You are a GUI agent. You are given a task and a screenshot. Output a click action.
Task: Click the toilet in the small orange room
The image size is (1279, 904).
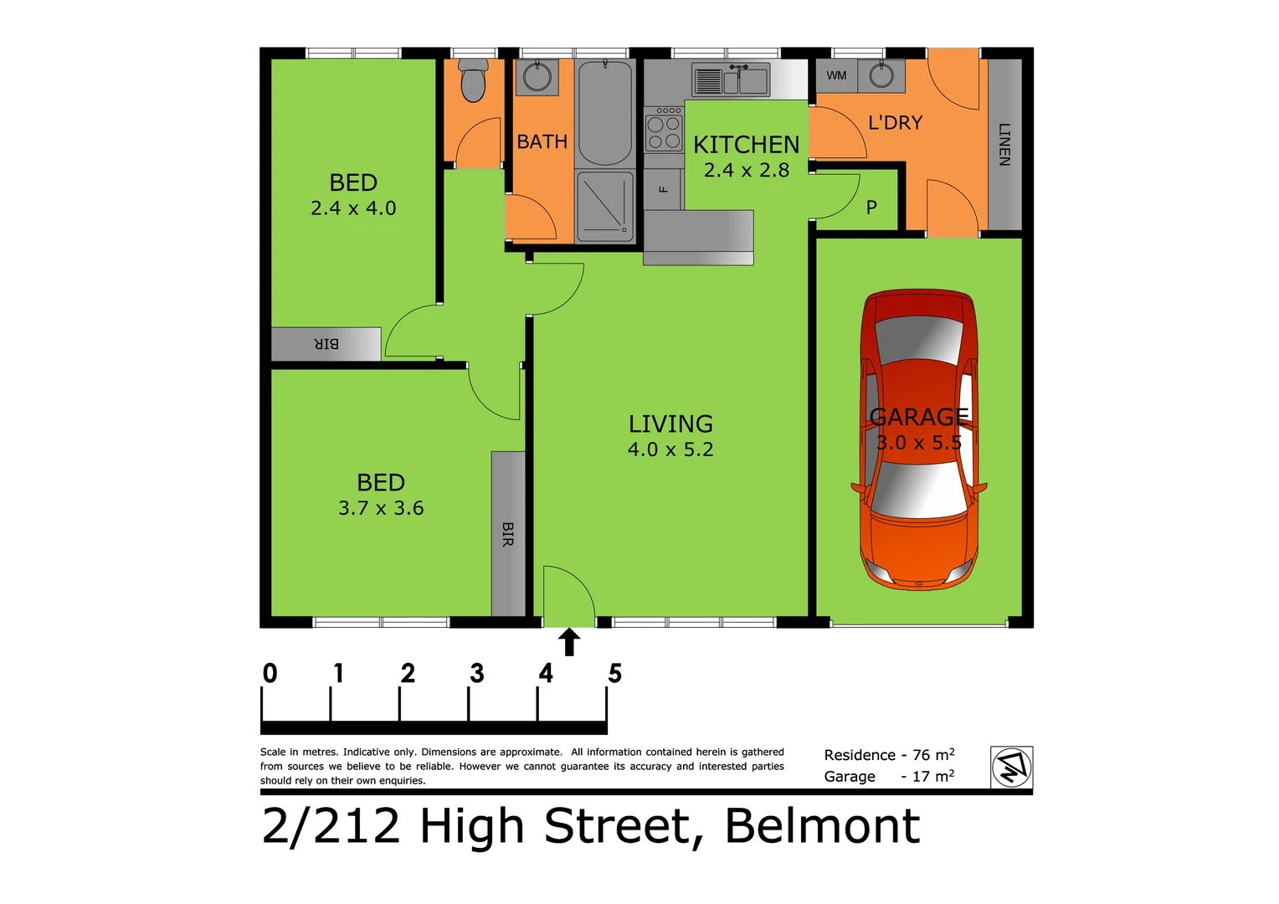pyautogui.click(x=473, y=81)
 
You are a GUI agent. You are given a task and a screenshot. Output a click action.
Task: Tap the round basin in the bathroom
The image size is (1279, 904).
pyautogui.click(x=536, y=78)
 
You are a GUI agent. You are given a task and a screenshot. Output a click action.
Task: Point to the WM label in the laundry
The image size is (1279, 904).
pyautogui.click(x=836, y=75)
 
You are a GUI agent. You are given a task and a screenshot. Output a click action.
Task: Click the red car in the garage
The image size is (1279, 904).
pyautogui.click(x=919, y=439)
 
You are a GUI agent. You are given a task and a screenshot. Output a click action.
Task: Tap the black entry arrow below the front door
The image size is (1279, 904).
pyautogui.click(x=569, y=642)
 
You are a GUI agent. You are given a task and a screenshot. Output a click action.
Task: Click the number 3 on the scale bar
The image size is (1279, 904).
pyautogui.click(x=477, y=673)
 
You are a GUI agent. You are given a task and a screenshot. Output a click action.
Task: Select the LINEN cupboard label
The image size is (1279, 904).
pyautogui.click(x=1004, y=144)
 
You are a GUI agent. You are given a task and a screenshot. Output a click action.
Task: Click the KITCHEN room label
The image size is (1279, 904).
pyautogui.click(x=746, y=145)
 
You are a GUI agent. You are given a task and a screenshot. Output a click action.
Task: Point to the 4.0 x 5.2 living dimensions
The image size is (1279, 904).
pyautogui.click(x=670, y=449)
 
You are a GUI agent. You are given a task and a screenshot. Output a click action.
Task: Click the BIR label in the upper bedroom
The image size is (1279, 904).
pyautogui.click(x=326, y=344)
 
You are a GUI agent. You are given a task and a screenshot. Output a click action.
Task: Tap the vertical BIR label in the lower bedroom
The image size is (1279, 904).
pyautogui.click(x=507, y=534)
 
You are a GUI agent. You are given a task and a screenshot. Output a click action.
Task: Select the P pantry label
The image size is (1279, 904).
pyautogui.click(x=871, y=207)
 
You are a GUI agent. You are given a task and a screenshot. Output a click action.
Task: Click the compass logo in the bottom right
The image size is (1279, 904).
pyautogui.click(x=1011, y=767)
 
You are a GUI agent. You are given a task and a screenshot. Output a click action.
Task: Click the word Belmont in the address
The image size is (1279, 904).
pyautogui.click(x=822, y=826)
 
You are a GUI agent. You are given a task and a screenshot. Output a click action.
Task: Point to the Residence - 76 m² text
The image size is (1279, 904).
pyautogui.click(x=889, y=754)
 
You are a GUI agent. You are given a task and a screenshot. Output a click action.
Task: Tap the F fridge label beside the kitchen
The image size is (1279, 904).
pyautogui.click(x=664, y=189)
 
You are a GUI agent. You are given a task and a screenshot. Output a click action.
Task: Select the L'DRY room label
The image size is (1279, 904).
pyautogui.click(x=895, y=123)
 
